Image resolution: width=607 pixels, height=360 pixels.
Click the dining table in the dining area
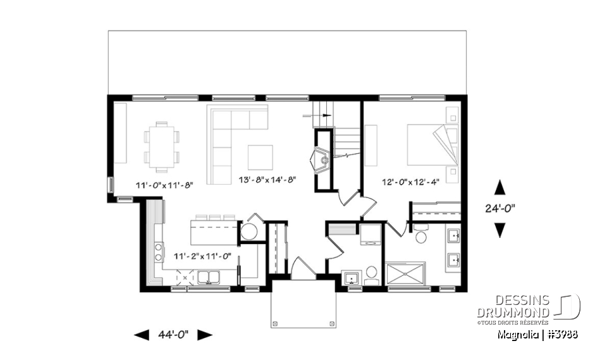pos(162,146)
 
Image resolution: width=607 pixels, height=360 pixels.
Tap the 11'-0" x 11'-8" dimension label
pos(164,185)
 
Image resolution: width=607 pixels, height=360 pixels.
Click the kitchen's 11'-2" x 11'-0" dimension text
pos(202,256)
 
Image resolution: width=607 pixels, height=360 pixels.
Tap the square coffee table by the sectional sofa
pos(260,158)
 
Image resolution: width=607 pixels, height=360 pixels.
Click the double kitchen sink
pos(209,276)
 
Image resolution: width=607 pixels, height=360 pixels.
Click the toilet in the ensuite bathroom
pos(422,235)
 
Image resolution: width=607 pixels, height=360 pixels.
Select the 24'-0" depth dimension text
pos(500,208)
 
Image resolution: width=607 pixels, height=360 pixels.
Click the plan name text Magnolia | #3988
pos(537,334)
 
